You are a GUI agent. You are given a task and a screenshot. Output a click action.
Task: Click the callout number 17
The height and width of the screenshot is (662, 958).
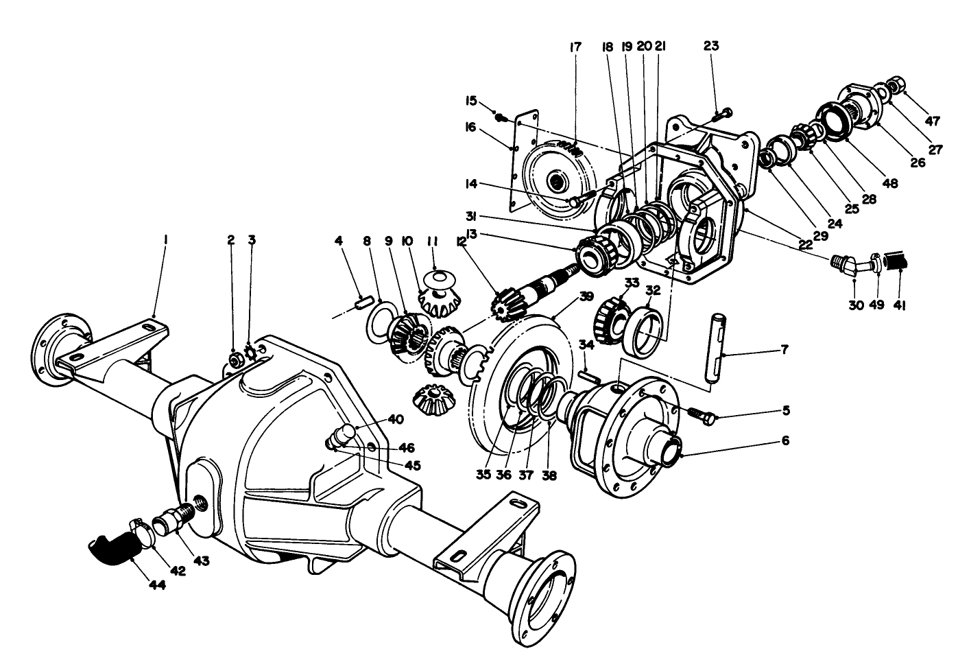[x=575, y=47]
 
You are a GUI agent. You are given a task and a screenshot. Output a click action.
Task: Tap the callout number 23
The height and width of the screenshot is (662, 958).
[x=711, y=47]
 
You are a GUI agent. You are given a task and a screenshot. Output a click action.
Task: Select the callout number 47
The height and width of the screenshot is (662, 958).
[x=931, y=121]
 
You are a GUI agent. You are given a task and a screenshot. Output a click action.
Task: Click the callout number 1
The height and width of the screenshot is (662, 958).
[x=165, y=239]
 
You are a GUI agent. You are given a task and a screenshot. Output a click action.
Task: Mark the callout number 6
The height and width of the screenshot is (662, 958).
[x=785, y=440]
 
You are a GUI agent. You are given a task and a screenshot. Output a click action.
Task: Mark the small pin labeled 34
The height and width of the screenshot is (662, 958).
[x=589, y=375]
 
